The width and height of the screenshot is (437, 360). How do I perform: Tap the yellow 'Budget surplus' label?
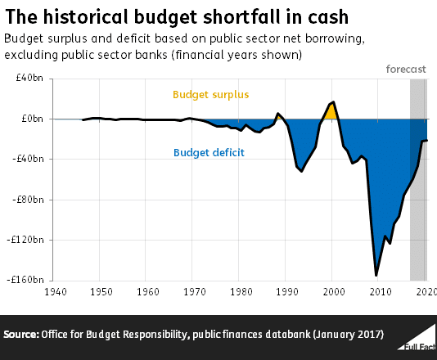[210, 94]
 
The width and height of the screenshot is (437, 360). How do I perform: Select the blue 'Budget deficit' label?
[209, 152]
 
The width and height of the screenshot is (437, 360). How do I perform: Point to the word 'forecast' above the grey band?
[406, 69]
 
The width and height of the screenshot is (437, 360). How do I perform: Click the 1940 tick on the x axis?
[55, 291]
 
